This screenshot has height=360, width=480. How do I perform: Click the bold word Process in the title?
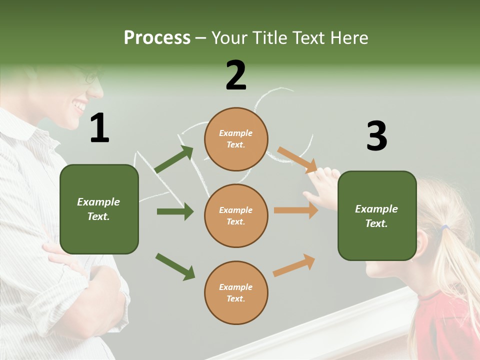157,38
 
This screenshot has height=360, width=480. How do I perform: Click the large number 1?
99,128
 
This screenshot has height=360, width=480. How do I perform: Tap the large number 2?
236,75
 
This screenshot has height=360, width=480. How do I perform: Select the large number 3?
376,136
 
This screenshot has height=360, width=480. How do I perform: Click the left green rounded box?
99,209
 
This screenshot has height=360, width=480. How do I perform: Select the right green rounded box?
377,215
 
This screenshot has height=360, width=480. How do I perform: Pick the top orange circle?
236,139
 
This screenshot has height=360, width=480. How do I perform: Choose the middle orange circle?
236,215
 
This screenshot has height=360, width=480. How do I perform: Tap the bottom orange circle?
236,292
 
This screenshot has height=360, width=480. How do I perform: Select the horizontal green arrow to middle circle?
175,211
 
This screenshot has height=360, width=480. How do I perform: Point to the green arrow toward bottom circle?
175,266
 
